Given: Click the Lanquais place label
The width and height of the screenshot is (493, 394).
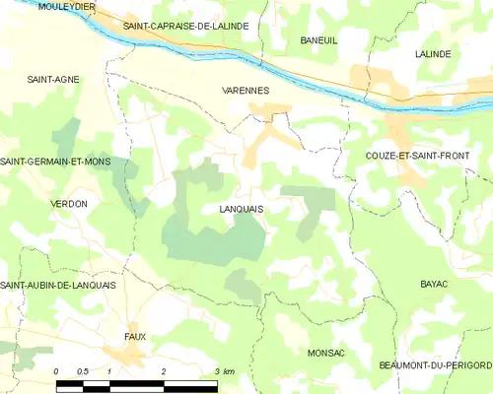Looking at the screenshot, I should (x=234, y=210).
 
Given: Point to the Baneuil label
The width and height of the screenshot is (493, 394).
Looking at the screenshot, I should (x=318, y=41).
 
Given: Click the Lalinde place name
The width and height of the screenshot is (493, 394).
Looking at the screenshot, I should (x=433, y=54).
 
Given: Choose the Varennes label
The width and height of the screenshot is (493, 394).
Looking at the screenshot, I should (x=244, y=90).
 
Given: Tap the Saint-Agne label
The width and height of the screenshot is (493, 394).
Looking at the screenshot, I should (x=53, y=79).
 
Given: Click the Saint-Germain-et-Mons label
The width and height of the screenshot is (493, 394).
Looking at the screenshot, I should (x=56, y=162).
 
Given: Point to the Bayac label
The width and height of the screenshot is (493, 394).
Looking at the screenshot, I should (x=434, y=284).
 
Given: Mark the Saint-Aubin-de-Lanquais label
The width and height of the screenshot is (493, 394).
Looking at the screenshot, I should (x=58, y=285).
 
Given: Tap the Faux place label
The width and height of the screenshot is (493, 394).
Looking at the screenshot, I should (x=135, y=337).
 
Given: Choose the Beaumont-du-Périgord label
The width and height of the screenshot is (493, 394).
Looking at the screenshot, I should (x=434, y=365).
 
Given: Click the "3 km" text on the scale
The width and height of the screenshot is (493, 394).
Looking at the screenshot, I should (x=224, y=371).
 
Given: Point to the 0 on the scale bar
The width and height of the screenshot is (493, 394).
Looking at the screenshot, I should (x=56, y=371).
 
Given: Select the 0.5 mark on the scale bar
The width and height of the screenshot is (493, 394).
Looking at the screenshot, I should (x=82, y=371).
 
